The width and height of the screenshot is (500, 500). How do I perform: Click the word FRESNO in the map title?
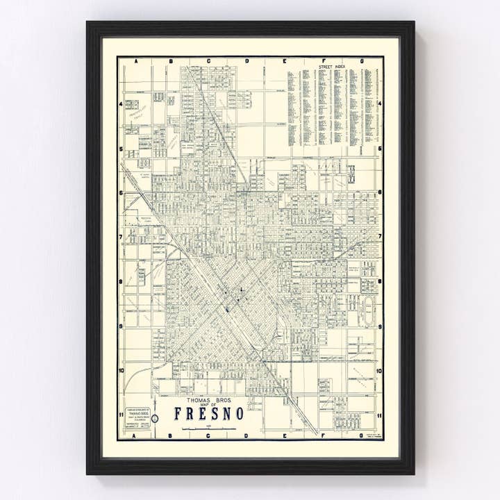click(x=209, y=413)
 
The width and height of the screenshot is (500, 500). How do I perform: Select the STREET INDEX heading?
click(x=332, y=67)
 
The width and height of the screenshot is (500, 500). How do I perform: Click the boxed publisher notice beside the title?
click(x=137, y=417)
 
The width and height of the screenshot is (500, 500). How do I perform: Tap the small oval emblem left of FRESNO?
click(x=155, y=418)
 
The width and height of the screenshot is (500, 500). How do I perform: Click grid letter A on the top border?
click(x=136, y=61)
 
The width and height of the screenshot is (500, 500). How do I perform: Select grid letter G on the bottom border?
click(x=360, y=435)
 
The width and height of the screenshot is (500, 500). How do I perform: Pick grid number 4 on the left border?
click(x=121, y=104)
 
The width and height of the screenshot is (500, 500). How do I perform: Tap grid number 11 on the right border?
click(x=379, y=415)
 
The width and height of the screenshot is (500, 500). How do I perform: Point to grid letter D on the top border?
click(x=247, y=61)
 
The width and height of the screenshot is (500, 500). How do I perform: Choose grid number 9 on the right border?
click(x=379, y=326)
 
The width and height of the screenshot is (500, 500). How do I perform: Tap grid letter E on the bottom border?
click(x=285, y=435)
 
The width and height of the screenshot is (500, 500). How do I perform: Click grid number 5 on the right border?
click(x=379, y=149)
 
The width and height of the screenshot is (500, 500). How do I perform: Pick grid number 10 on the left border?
click(x=121, y=370)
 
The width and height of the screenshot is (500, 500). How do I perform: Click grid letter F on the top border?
click(x=323, y=61)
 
